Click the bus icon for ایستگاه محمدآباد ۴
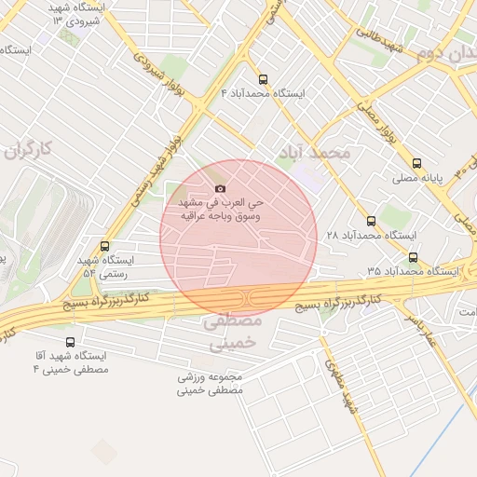[x=262, y=79]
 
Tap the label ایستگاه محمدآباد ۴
[x=262, y=94]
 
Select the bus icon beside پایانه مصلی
[x=416, y=161]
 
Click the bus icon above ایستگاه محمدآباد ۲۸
[x=371, y=221]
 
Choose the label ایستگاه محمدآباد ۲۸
[x=370, y=237]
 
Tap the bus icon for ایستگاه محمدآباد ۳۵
[x=413, y=257]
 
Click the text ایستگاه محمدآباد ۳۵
[x=412, y=271]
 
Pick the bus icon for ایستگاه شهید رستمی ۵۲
[x=104, y=247]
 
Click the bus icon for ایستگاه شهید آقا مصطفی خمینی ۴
[x=72, y=342]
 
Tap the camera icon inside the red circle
[x=220, y=189]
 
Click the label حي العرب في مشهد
[x=222, y=202]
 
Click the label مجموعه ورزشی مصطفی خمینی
[x=211, y=385]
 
